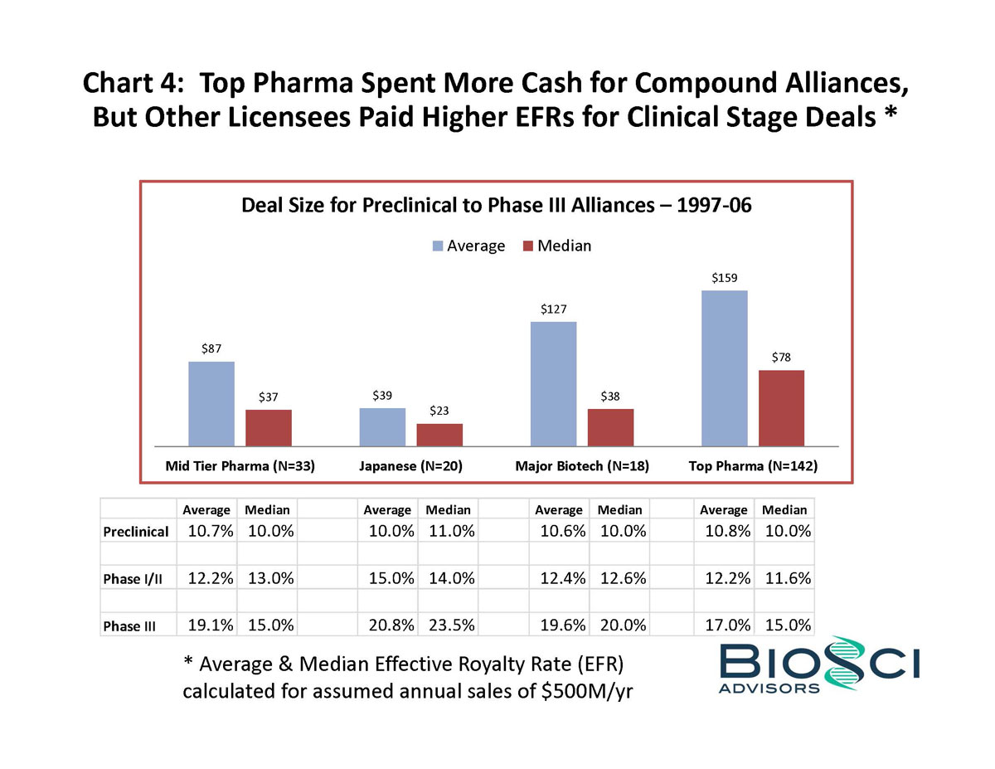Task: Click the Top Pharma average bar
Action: (724, 368)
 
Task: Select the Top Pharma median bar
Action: (781, 408)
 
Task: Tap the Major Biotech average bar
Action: (553, 384)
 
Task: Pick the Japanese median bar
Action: (439, 435)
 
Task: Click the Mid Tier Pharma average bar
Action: (211, 404)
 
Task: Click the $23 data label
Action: (439, 411)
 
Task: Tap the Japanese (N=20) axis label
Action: (410, 466)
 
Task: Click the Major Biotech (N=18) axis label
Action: (581, 466)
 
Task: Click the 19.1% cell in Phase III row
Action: (207, 625)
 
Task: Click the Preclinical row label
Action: (136, 531)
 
